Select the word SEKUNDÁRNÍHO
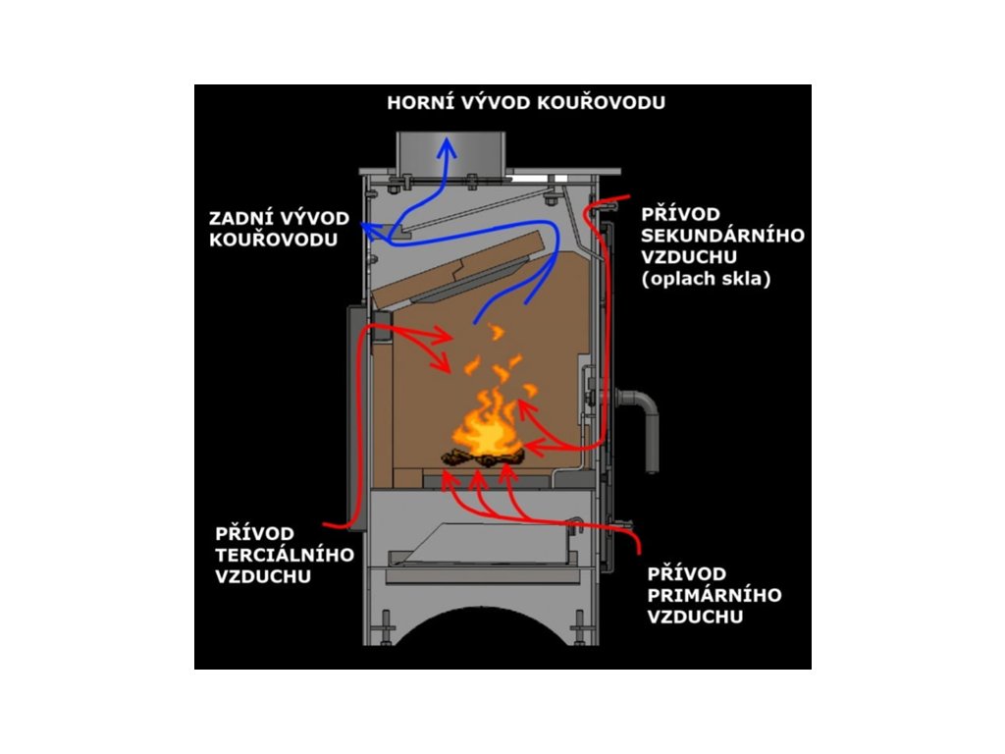pyautogui.click(x=721, y=236)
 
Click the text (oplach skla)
pyautogui.click(x=704, y=279)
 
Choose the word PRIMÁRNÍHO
pyautogui.click(x=714, y=595)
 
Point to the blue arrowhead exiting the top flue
pyautogui.click(x=448, y=146)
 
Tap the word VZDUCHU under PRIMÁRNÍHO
pyautogui.click(x=694, y=617)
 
